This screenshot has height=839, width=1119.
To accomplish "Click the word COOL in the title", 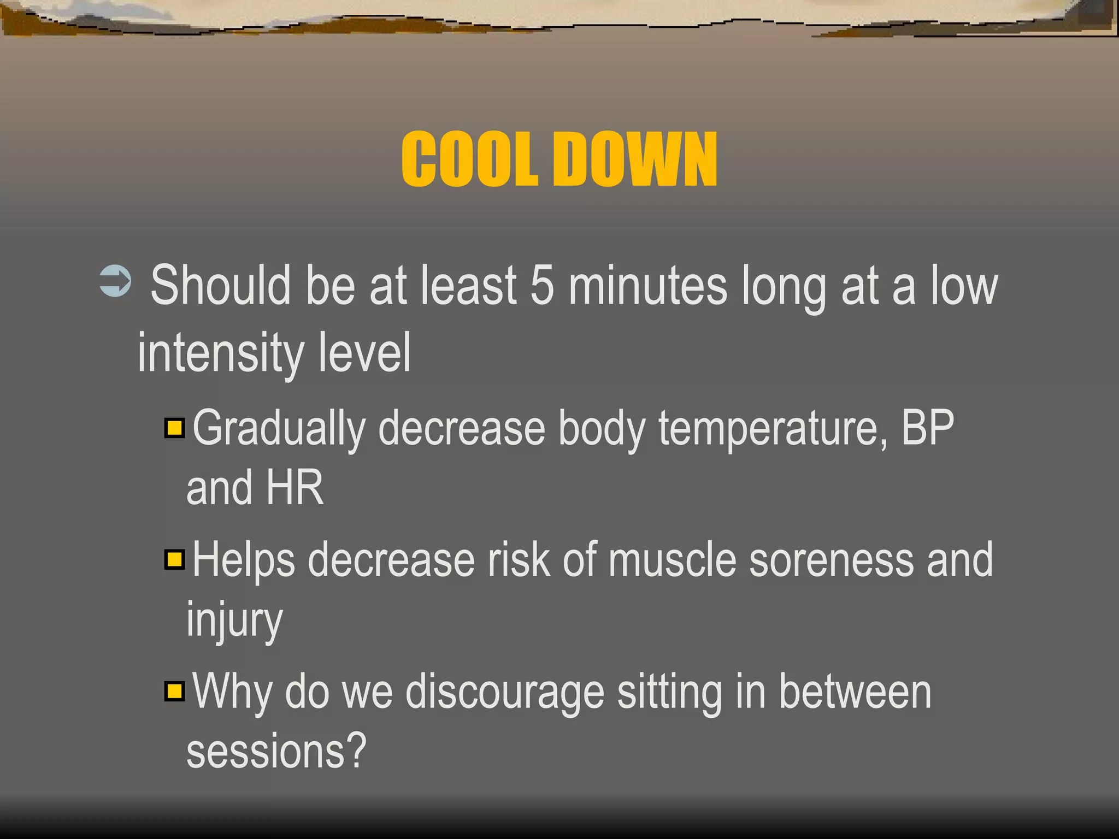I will tap(469, 159).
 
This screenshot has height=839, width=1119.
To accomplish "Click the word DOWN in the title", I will tap(635, 159).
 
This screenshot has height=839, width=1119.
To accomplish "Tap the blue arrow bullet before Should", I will tap(115, 281).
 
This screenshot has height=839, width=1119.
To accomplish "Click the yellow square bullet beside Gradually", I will tap(175, 428).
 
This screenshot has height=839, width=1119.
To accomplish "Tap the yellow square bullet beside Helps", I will tap(175, 559).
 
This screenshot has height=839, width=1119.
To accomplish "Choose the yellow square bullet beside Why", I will tap(175, 691).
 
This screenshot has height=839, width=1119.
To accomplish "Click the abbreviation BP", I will tap(927, 428).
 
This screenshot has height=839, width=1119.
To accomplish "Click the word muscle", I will tap(672, 560).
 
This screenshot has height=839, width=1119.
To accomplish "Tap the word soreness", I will tap(831, 560).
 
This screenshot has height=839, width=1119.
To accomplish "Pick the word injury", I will tap(234, 621).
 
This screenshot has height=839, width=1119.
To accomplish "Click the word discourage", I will tap(504, 693).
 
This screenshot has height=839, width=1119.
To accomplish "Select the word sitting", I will tap(670, 693).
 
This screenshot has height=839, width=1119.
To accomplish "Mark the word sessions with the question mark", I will tap(276, 752).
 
